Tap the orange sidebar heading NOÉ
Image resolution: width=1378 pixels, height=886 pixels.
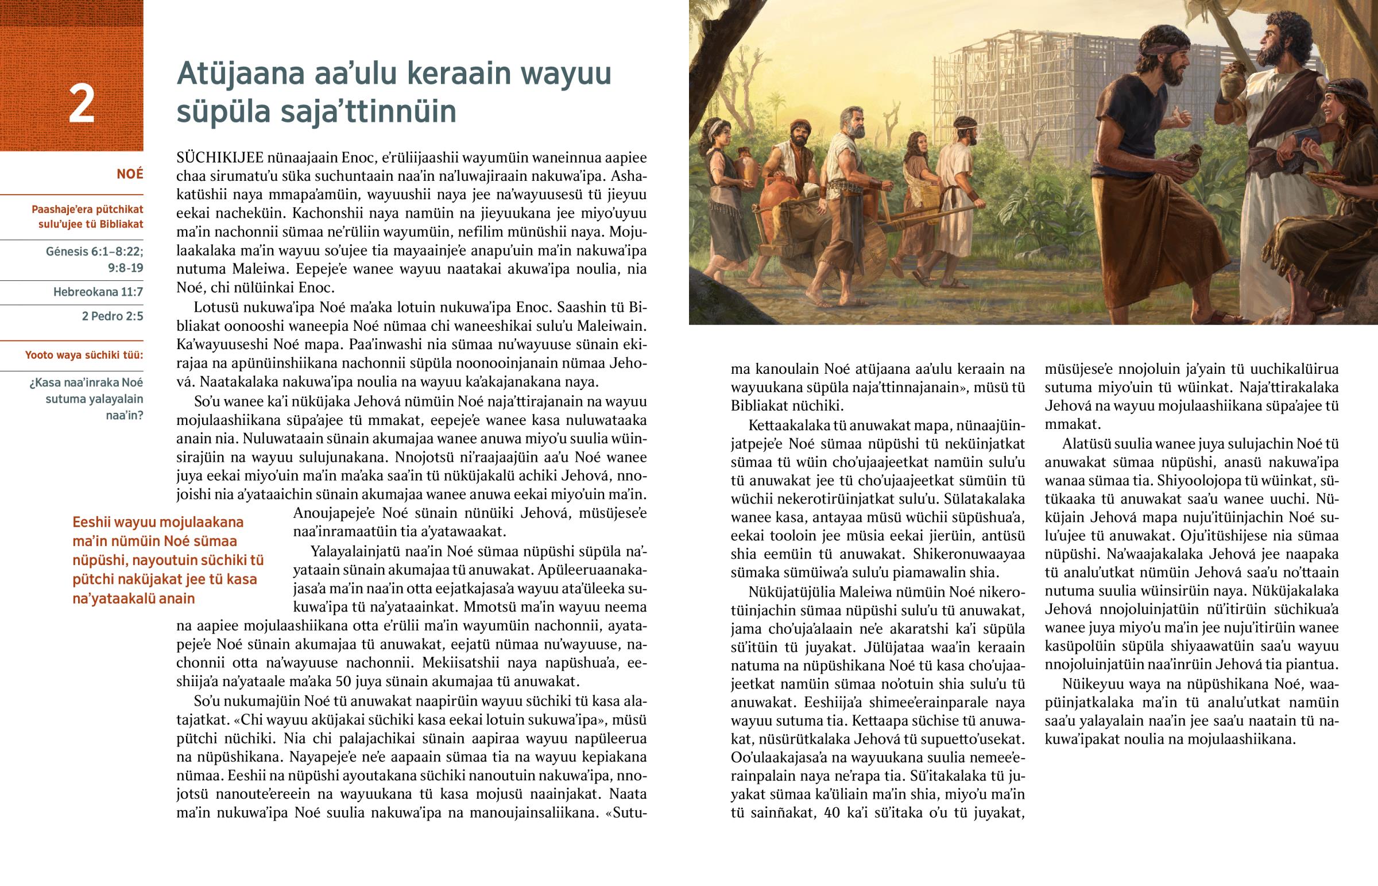[x=129, y=175]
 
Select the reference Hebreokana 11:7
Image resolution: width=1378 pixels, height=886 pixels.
[x=98, y=292]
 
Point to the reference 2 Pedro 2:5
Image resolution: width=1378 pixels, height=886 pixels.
[x=112, y=316]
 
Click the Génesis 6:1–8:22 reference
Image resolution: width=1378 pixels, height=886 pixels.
[x=94, y=252]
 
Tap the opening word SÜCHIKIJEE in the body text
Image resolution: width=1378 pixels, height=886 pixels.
[x=220, y=158]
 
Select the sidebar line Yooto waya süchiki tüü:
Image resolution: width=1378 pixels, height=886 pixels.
[x=84, y=355]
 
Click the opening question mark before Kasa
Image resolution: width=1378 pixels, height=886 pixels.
[x=32, y=383]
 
